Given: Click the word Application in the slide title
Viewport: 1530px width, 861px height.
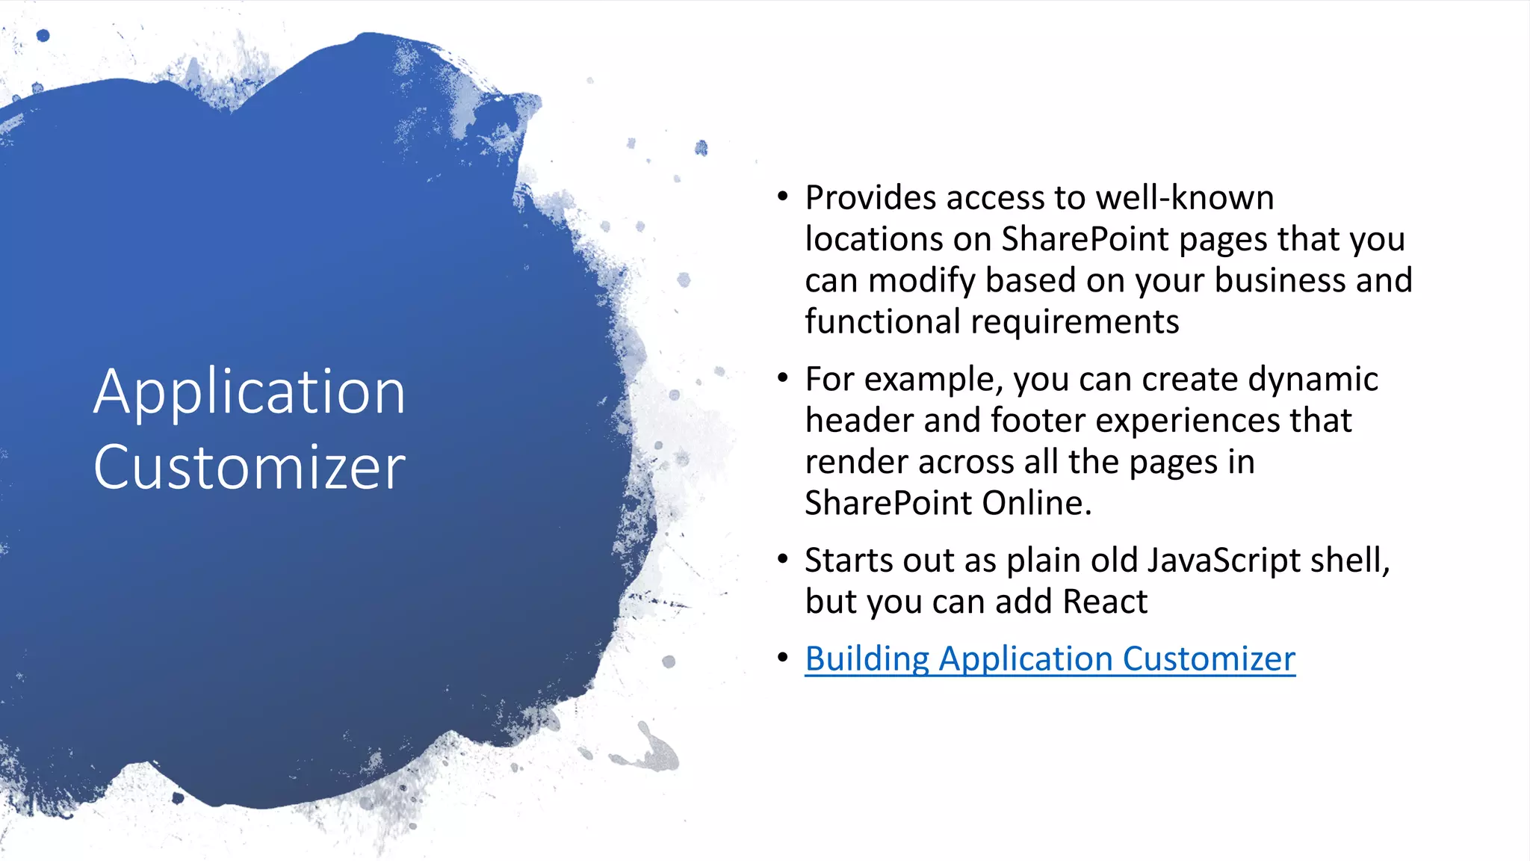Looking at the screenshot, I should coord(249,392).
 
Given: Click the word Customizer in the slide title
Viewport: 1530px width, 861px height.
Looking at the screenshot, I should coord(249,467).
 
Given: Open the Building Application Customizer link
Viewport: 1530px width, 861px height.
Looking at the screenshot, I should coord(1050,659).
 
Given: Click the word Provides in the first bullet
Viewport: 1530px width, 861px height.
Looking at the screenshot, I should coord(870,198).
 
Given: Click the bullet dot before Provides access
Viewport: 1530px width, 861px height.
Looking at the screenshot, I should coord(782,197).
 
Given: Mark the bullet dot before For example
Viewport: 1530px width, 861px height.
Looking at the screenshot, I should coord(782,378).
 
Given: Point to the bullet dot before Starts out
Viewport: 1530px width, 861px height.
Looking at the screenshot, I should coord(782,560).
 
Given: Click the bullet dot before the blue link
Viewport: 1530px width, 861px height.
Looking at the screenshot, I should coord(782,658).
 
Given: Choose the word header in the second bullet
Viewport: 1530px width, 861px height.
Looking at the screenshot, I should coord(859,421).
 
